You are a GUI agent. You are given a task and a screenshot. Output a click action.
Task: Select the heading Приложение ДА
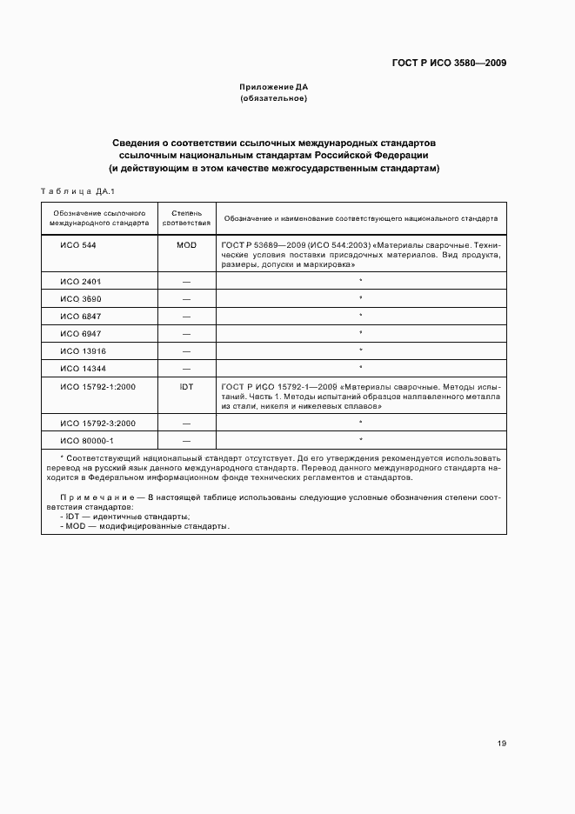click(x=274, y=87)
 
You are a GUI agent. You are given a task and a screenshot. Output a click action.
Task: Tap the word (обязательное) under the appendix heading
click(x=274, y=98)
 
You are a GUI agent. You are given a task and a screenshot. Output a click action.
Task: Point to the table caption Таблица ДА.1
click(x=78, y=190)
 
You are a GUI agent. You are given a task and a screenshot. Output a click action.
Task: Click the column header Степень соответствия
click(x=186, y=217)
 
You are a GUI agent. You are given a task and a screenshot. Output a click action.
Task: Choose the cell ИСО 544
click(x=78, y=245)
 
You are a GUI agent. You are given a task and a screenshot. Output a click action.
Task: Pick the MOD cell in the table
click(x=186, y=245)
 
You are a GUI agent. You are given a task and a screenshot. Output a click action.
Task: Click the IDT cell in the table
click(x=186, y=386)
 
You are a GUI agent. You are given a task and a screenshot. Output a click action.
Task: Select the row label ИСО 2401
click(x=81, y=282)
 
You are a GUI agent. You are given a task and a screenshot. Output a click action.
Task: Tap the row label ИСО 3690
click(x=81, y=299)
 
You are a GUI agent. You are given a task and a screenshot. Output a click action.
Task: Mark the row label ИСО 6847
click(x=81, y=317)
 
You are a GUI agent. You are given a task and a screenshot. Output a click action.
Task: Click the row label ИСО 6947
click(x=81, y=334)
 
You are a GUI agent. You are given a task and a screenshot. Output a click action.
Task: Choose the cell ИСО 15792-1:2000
click(x=97, y=386)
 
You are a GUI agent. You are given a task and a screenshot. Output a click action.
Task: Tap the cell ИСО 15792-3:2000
click(x=97, y=423)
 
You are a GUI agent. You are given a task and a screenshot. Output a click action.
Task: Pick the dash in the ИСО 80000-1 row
click(x=186, y=440)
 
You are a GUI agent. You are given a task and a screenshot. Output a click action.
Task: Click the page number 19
click(x=502, y=743)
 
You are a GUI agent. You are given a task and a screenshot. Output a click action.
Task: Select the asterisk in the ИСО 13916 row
click(x=360, y=350)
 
